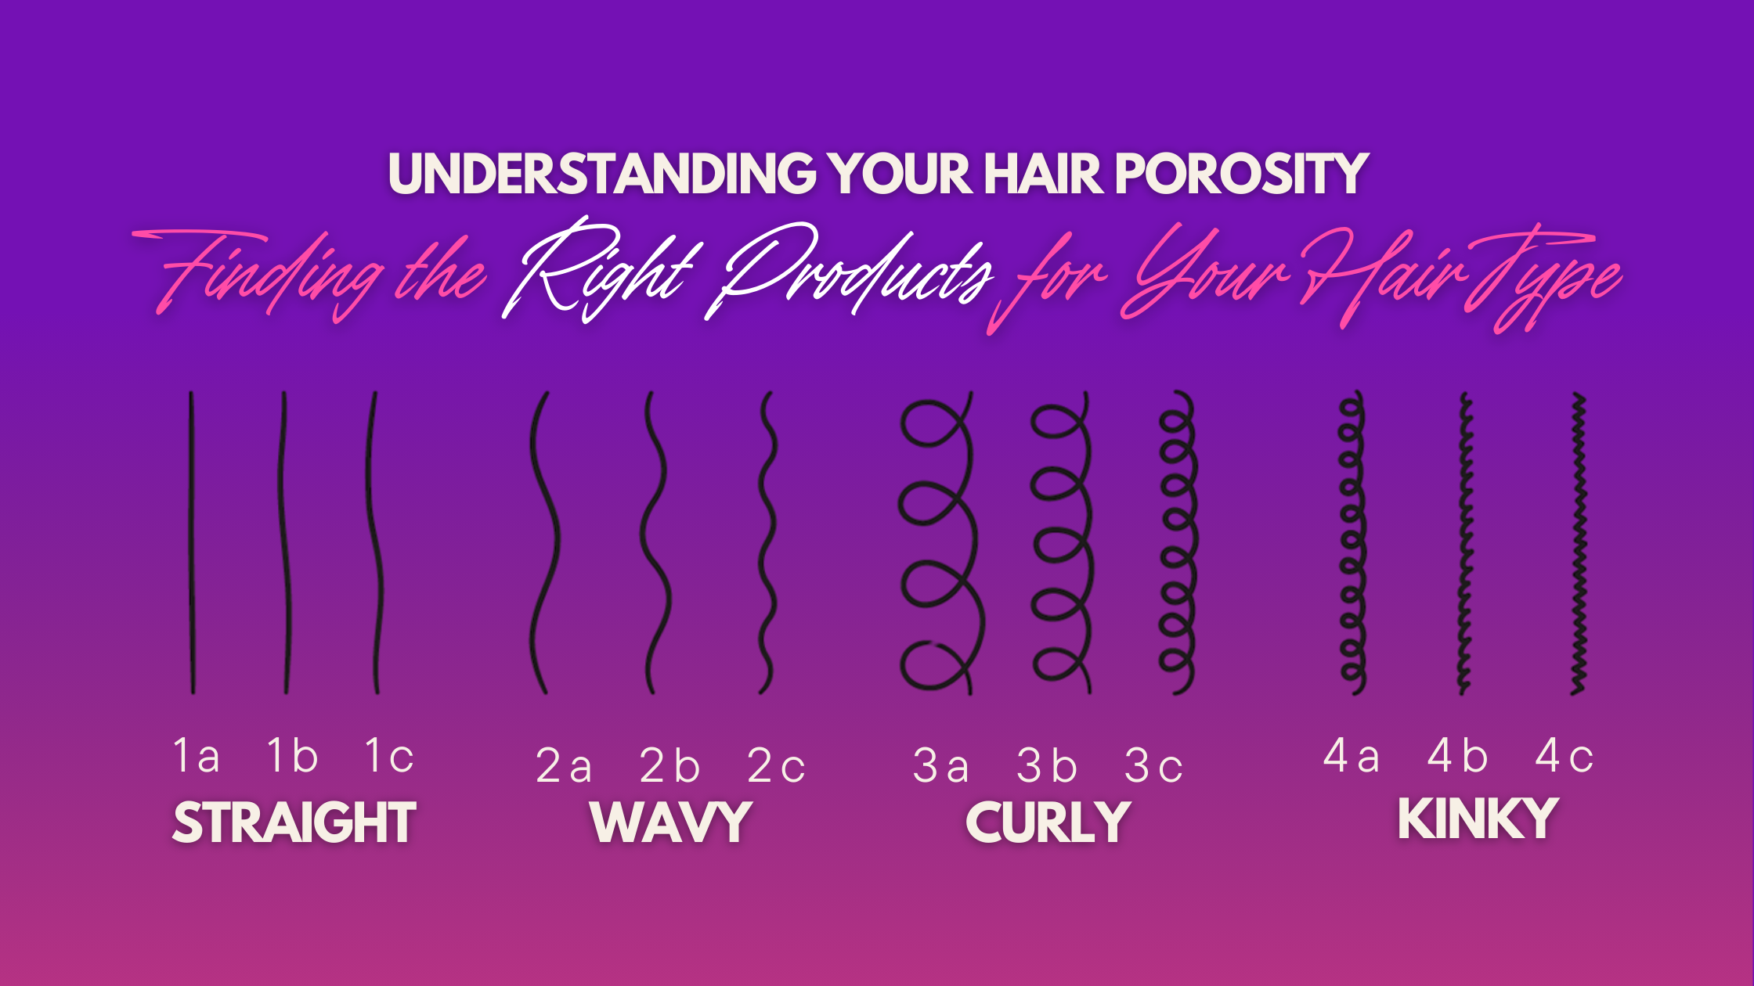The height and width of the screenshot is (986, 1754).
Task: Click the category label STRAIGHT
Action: (294, 822)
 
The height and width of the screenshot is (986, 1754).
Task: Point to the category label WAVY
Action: (672, 822)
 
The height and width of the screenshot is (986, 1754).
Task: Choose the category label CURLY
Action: (1048, 822)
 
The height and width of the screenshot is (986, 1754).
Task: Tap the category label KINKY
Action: (1478, 819)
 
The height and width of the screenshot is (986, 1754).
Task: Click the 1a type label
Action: (196, 756)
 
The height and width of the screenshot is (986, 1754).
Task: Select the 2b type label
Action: (669, 766)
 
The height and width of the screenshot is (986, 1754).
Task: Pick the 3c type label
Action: (1153, 766)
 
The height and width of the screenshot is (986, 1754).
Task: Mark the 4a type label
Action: (1351, 756)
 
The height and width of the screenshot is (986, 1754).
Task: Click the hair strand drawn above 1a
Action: (192, 542)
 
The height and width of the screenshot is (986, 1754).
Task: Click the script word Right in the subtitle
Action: (599, 270)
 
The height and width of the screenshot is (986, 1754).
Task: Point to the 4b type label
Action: (1457, 756)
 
